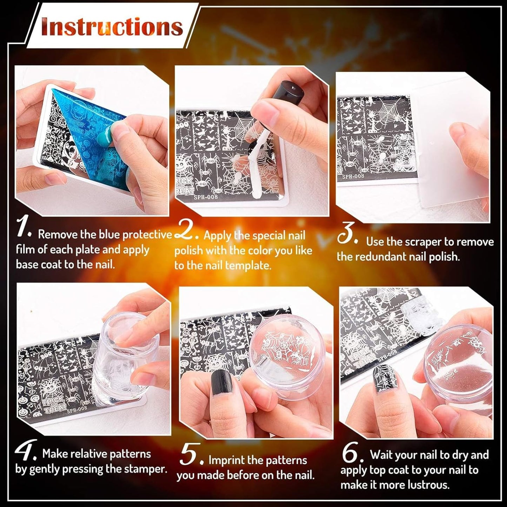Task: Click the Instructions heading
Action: (x=112, y=27)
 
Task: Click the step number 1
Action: (x=24, y=228)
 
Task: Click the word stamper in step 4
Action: (x=145, y=469)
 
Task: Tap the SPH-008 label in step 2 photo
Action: (x=206, y=197)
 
